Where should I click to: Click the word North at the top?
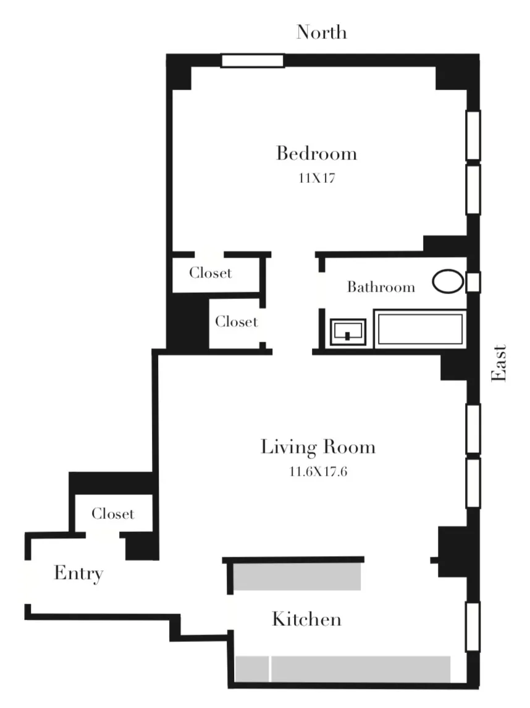(321, 32)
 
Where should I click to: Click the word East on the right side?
(498, 363)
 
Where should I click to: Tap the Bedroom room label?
(316, 153)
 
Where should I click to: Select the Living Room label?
(318, 447)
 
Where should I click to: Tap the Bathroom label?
(381, 287)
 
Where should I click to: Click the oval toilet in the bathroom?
(447, 282)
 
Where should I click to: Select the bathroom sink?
(349, 332)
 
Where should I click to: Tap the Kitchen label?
(306, 618)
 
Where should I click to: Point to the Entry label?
(78, 573)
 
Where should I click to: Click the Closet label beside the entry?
(112, 513)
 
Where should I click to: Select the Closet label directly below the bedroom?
(211, 272)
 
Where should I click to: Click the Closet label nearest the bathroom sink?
(236, 322)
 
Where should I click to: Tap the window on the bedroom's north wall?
(252, 61)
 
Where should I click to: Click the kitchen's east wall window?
(473, 627)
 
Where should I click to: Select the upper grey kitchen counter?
(298, 576)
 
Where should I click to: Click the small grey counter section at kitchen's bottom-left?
(252, 668)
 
